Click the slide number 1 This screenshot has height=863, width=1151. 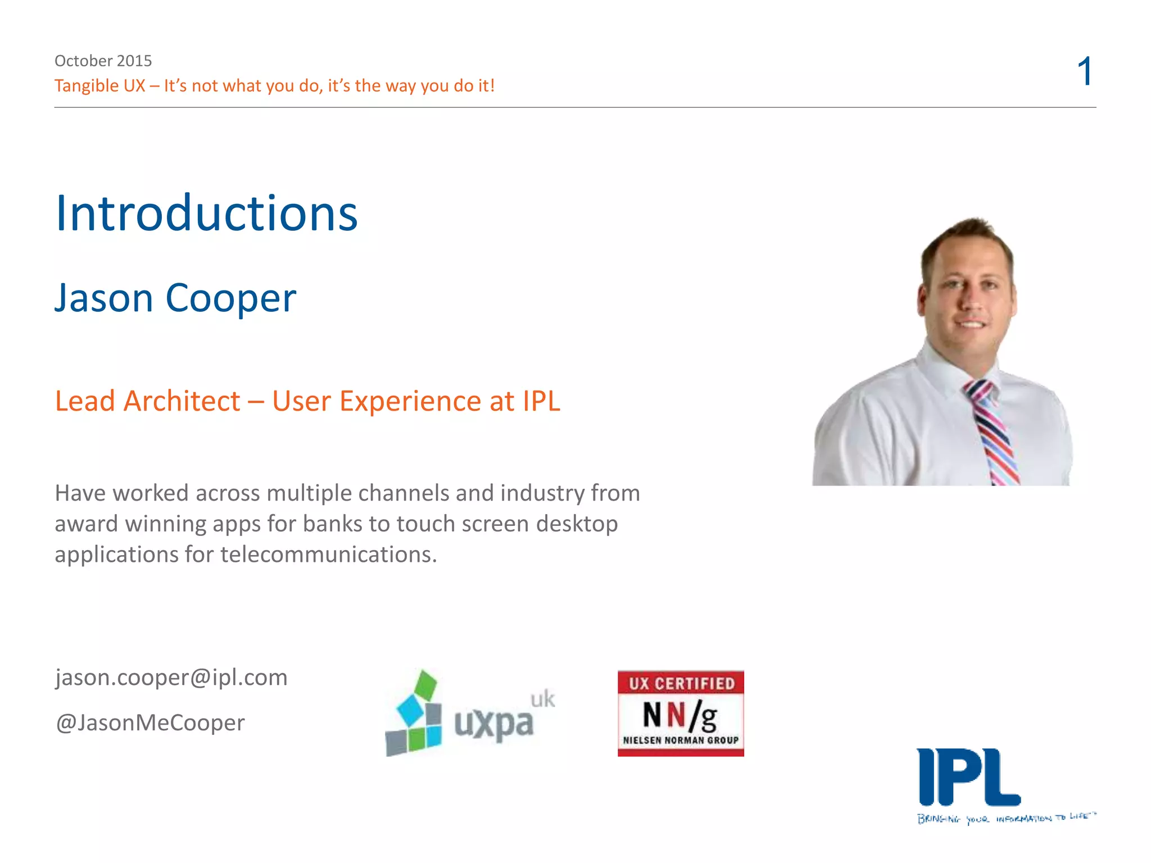pyautogui.click(x=1085, y=71)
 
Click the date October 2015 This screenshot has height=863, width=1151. pyautogui.click(x=103, y=60)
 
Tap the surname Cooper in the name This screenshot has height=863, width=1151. pyautogui.click(x=230, y=298)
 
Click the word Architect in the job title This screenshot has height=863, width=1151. pyautogui.click(x=182, y=401)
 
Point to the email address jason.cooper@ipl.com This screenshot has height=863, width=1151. pyautogui.click(x=171, y=677)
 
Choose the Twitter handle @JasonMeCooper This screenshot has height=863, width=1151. pyautogui.click(x=150, y=723)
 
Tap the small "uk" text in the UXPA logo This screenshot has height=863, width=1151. pyautogui.click(x=542, y=699)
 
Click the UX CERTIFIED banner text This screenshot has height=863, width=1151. pyautogui.click(x=681, y=683)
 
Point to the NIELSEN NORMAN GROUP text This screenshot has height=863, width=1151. pyautogui.click(x=681, y=741)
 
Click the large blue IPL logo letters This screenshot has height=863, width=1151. pyautogui.click(x=968, y=778)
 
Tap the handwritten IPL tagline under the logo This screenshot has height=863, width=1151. pyautogui.click(x=1006, y=817)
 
